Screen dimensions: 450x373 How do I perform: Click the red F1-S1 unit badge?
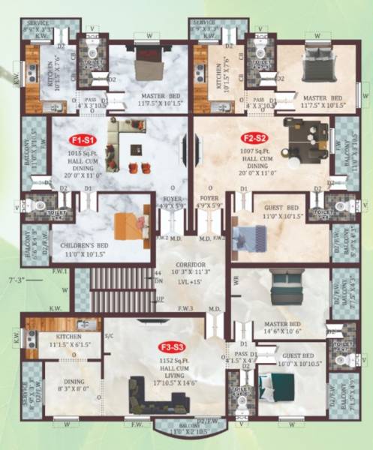click(x=80, y=139)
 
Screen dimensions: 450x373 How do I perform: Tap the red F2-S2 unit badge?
click(x=254, y=138)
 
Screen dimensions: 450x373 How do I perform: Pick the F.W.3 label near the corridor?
click(x=187, y=307)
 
